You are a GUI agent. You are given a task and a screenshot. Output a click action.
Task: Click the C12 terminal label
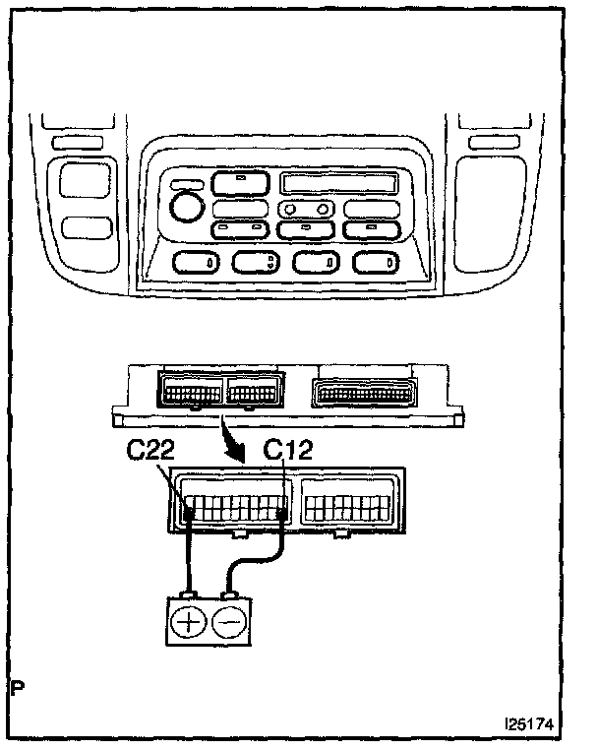(289, 451)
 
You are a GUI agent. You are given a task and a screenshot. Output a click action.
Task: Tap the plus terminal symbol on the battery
(189, 622)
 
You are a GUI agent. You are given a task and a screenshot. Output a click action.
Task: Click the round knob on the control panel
(184, 207)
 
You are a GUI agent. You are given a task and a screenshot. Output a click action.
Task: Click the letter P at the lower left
(17, 686)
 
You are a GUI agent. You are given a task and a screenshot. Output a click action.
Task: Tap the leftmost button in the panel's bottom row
(198, 262)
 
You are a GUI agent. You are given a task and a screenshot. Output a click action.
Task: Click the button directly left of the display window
(237, 182)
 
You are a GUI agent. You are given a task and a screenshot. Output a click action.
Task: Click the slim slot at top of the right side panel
(487, 144)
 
